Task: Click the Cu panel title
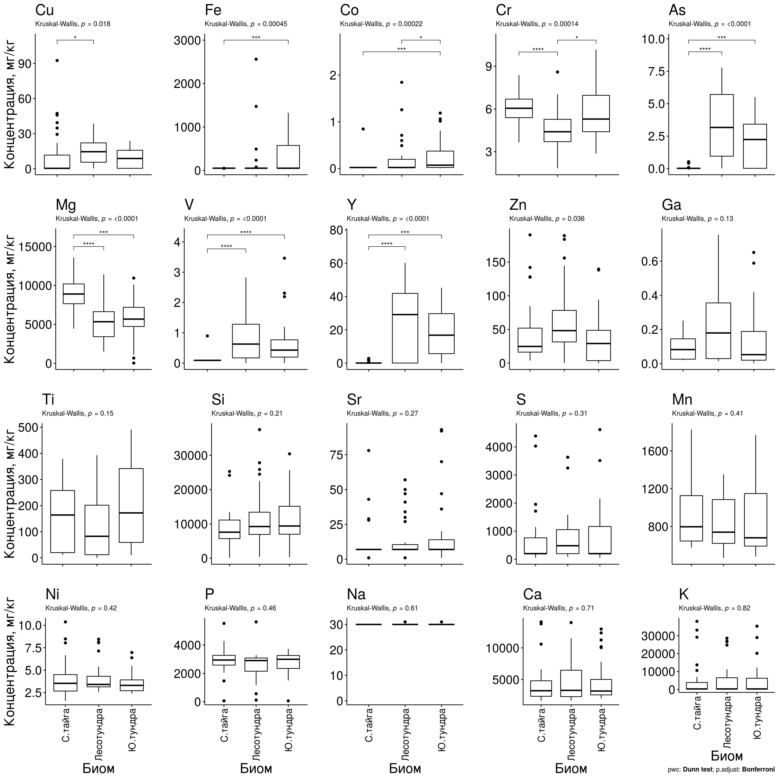[x=44, y=10]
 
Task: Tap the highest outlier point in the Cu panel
[x=57, y=61]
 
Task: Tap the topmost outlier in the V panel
[x=284, y=258]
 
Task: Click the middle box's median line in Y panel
[x=405, y=315]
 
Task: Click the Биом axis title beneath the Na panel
[x=405, y=768]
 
